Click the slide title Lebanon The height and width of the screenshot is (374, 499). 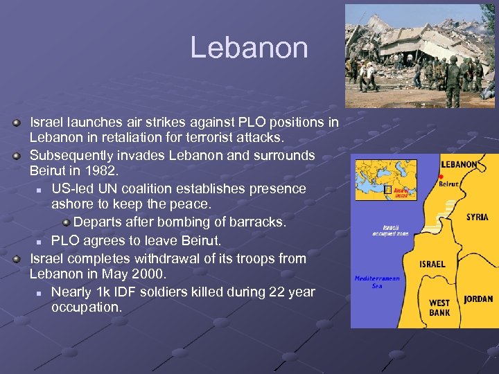pos(249,48)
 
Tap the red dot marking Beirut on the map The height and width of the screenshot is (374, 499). pos(441,176)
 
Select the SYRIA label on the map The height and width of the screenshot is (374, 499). pos(477,217)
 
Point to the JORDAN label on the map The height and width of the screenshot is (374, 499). pos(478,299)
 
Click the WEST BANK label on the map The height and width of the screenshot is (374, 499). pos(439,308)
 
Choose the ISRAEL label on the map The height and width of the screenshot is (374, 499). pos(432,264)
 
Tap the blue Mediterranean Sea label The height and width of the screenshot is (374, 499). pos(377,282)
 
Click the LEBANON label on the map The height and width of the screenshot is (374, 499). pos(459,164)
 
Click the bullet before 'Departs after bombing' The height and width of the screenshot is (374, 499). pos(67,222)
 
